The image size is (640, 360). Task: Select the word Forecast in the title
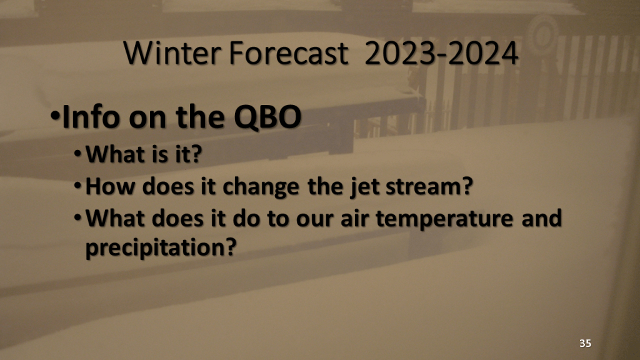coord(289,53)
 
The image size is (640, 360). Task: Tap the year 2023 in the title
coord(401,53)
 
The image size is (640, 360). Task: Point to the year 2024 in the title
coord(482,53)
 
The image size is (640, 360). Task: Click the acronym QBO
coord(267,117)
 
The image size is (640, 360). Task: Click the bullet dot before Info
coord(55,116)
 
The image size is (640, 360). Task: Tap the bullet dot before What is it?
coord(78,154)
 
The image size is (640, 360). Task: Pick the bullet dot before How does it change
coord(78,185)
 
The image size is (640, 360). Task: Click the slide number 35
coord(585,343)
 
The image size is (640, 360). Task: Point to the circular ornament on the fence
coord(542,35)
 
